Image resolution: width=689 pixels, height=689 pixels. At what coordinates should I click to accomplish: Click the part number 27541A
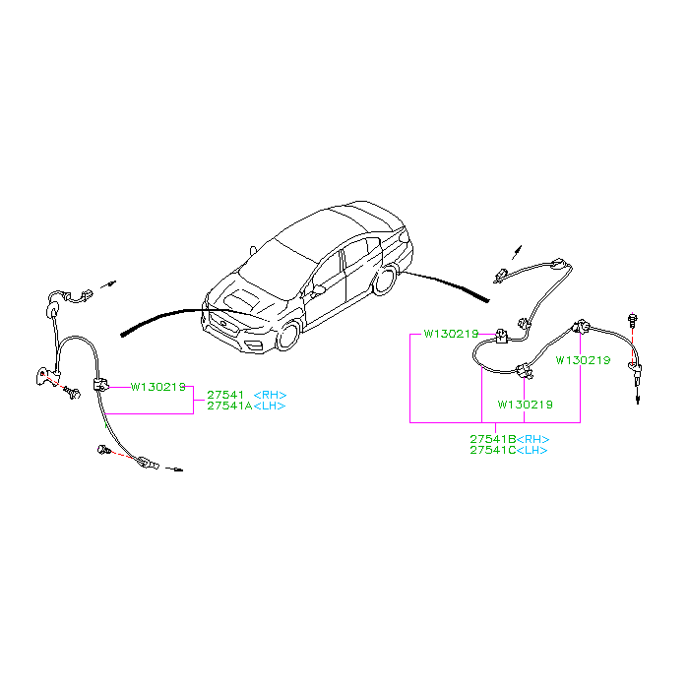tap(229, 406)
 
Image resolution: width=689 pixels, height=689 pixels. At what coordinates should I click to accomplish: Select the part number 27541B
tap(493, 439)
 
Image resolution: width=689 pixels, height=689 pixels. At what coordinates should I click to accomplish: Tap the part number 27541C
tap(493, 450)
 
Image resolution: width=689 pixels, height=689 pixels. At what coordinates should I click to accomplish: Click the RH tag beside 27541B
tap(533, 439)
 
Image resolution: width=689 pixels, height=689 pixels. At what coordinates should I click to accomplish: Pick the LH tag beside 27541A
tap(270, 406)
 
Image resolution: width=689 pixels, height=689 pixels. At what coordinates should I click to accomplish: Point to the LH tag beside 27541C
tap(532, 451)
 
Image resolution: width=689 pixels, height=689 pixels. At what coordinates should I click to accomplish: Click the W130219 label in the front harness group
tap(158, 387)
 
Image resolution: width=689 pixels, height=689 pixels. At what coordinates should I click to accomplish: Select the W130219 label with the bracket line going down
tap(451, 334)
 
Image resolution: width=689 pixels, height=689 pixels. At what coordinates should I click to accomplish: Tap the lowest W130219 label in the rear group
tap(525, 405)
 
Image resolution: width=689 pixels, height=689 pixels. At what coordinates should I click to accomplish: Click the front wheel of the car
tap(288, 336)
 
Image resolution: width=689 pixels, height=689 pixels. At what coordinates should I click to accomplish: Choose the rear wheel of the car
tap(385, 281)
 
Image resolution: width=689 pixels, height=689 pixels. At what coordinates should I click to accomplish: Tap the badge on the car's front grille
tap(223, 324)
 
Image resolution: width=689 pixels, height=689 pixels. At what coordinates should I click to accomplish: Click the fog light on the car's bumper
tap(254, 345)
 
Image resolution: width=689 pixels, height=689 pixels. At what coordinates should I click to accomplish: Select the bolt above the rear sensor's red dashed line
tap(632, 320)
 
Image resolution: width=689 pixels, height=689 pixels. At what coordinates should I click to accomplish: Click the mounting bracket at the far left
tap(46, 377)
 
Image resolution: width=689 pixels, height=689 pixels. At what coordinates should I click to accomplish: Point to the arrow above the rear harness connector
tap(517, 252)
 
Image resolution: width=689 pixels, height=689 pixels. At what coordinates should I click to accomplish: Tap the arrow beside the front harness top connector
tap(108, 284)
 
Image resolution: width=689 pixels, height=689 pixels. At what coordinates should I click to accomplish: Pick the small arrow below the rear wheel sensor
tap(638, 397)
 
